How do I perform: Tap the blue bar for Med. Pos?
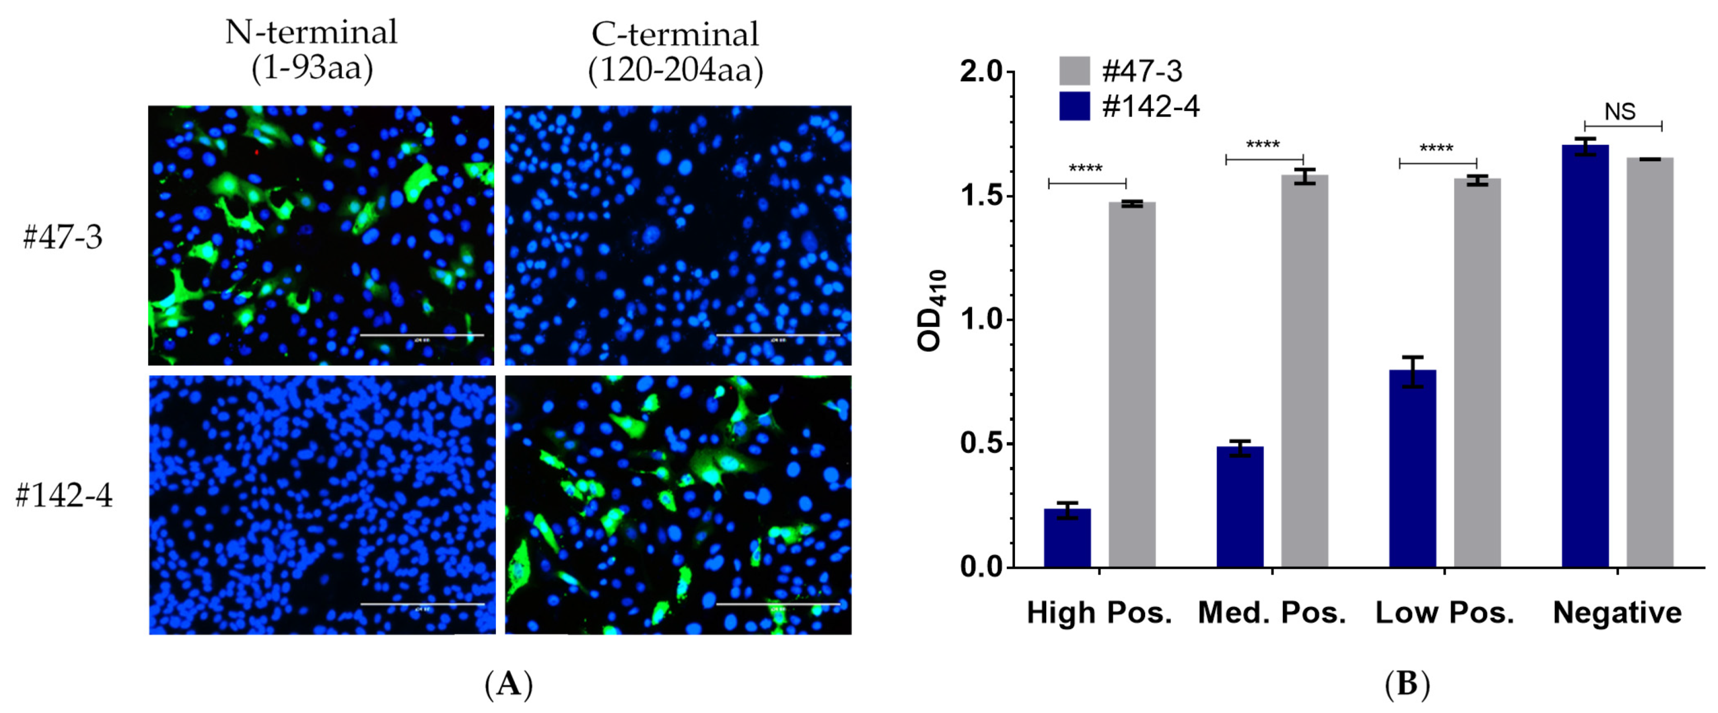click(x=1240, y=507)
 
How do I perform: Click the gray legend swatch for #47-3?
click(x=1074, y=71)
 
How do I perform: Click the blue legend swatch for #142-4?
click(x=1074, y=106)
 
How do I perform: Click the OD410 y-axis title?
click(x=931, y=311)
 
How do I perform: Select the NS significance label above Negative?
click(x=1620, y=111)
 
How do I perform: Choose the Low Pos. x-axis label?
click(x=1444, y=612)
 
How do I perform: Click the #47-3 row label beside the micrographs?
click(x=63, y=236)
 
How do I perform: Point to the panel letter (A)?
click(x=508, y=684)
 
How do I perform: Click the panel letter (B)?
click(x=1407, y=684)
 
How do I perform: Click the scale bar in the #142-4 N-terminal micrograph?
click(x=422, y=604)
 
